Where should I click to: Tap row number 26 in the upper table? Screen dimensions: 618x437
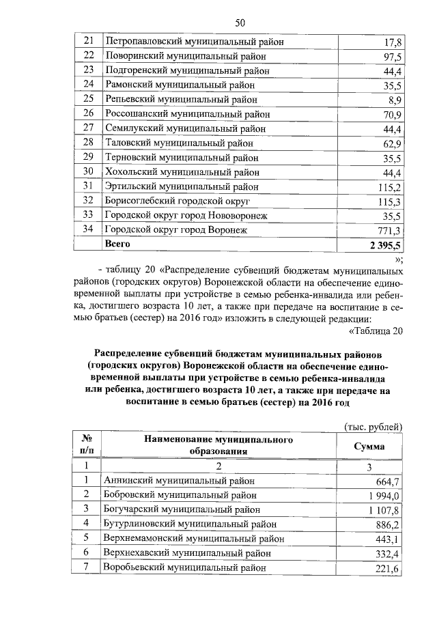(87, 114)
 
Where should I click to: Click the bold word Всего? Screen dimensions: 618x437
(116, 244)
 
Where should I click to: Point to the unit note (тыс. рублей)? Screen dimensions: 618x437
(375, 427)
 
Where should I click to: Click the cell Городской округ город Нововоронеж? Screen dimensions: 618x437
(185, 215)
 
